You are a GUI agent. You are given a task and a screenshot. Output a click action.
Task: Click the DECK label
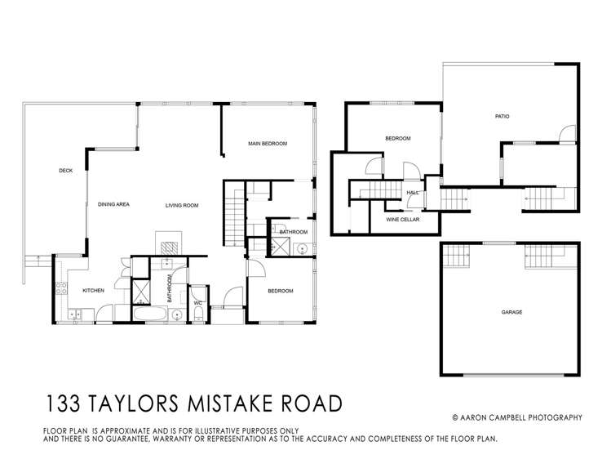pos(66,171)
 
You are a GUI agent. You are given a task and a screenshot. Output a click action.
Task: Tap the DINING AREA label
pos(114,204)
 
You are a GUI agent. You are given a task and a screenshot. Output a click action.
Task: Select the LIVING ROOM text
pos(182,205)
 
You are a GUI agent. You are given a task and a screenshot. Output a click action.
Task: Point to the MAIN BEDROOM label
pos(268,144)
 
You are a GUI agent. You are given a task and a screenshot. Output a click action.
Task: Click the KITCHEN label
pos(91,290)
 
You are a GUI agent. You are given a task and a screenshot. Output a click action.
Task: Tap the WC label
pos(197,303)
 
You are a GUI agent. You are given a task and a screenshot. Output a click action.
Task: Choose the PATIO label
pos(502,117)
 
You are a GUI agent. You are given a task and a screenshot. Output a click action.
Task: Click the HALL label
pos(413,193)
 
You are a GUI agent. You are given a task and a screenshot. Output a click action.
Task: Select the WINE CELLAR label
pos(402,219)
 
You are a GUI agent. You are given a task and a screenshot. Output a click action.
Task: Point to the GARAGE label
pos(511,312)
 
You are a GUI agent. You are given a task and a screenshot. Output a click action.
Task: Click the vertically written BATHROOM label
pos(170,289)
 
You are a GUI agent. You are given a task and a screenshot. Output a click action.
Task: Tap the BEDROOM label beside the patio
pos(397,139)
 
